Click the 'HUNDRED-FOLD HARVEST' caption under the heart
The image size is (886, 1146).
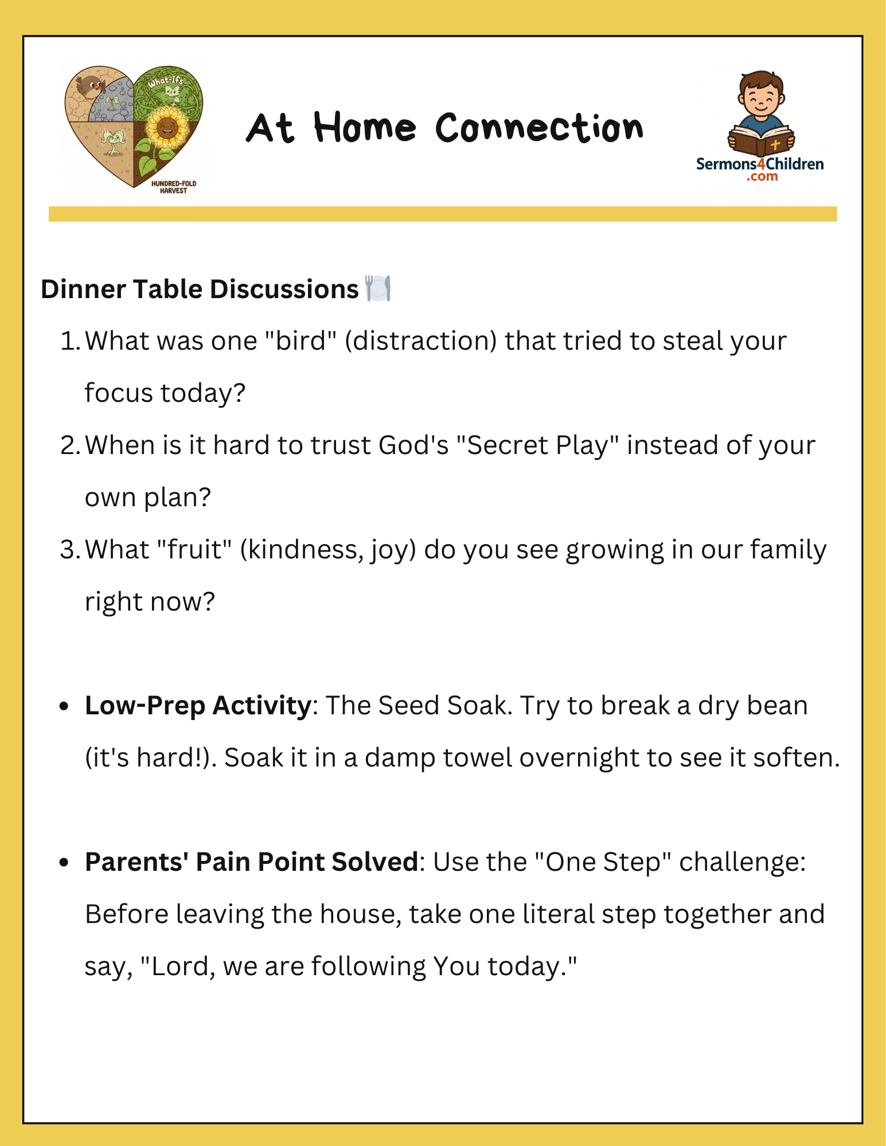pyautogui.click(x=173, y=187)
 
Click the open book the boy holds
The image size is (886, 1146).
pyautogui.click(x=761, y=140)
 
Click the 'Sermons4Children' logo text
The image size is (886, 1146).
pyautogui.click(x=760, y=165)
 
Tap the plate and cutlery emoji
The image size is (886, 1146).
pyautogui.click(x=378, y=288)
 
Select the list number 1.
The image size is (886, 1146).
pyautogui.click(x=69, y=341)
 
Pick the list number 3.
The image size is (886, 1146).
pyautogui.click(x=69, y=550)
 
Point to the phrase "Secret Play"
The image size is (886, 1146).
pyautogui.click(x=537, y=445)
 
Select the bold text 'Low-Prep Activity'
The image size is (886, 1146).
pyautogui.click(x=198, y=706)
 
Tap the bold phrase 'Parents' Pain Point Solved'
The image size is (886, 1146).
pyautogui.click(x=251, y=862)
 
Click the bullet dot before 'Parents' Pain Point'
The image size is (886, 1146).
pyautogui.click(x=64, y=863)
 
